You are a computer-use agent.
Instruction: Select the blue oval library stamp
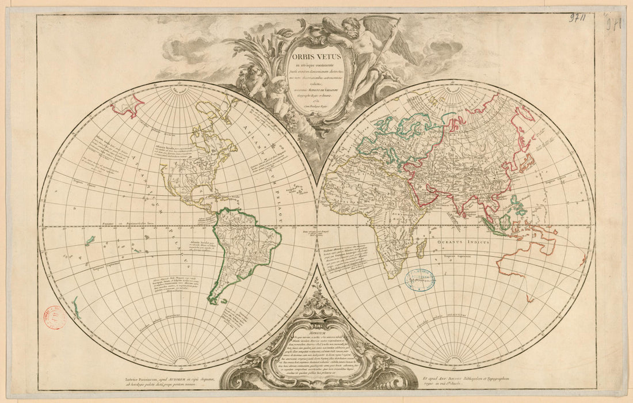420,279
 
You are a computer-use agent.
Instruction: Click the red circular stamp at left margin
55,317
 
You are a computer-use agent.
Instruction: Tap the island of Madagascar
421,249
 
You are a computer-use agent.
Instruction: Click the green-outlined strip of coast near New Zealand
76,306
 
